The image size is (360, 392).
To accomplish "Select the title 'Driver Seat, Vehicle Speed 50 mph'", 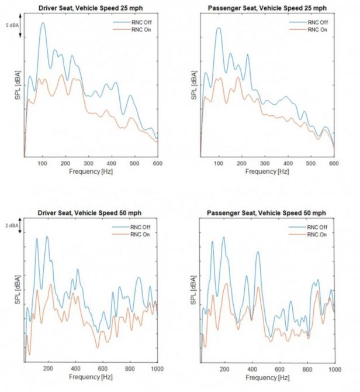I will click(x=89, y=212).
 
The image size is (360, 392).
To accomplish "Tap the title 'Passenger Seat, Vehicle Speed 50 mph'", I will click(x=266, y=212).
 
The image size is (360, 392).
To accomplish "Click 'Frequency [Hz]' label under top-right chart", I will click(x=267, y=171).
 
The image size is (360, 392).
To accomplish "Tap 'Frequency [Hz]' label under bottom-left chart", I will click(x=91, y=378).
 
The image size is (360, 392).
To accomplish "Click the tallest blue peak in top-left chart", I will click(x=43, y=23).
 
